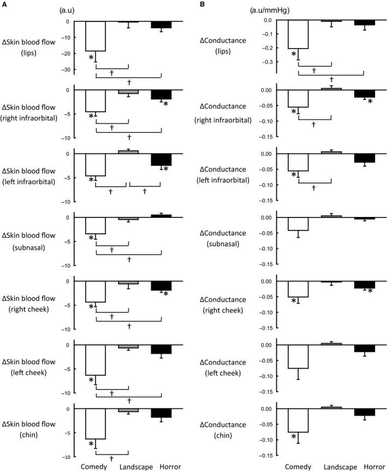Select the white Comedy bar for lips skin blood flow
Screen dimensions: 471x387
pos(96,36)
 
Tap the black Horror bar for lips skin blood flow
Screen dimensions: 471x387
pos(161,25)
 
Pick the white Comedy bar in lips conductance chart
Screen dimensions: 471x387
pos(298,34)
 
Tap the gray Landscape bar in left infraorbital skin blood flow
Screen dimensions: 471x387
pos(128,152)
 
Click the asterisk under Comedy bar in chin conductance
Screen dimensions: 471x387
pos(294,438)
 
